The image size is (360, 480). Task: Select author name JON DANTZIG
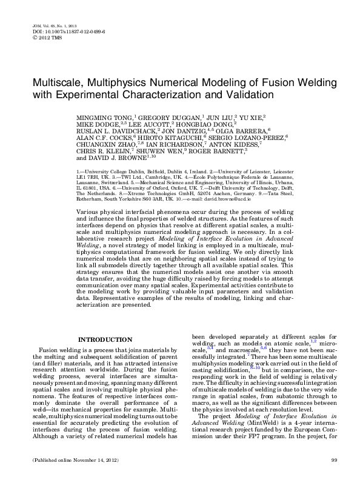180,130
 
